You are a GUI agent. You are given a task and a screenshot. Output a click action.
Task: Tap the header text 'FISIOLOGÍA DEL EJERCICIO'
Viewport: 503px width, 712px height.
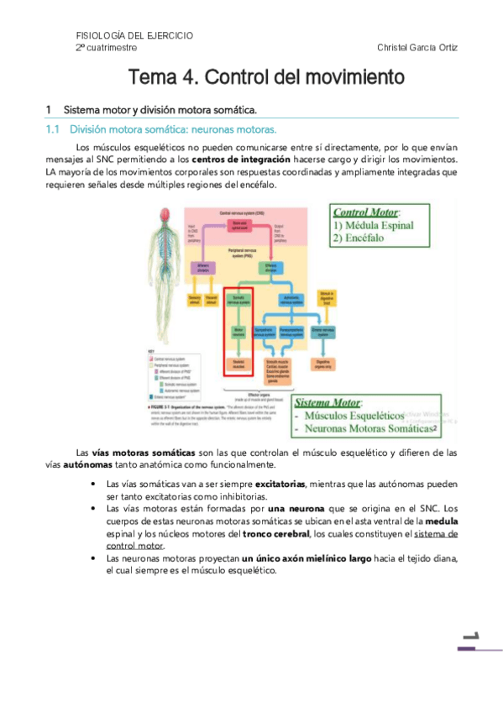click(x=134, y=35)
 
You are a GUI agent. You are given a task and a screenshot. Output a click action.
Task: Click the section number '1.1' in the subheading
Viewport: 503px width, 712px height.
click(x=54, y=130)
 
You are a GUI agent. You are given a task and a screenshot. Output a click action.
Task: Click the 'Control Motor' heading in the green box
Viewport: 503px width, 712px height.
click(x=367, y=212)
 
